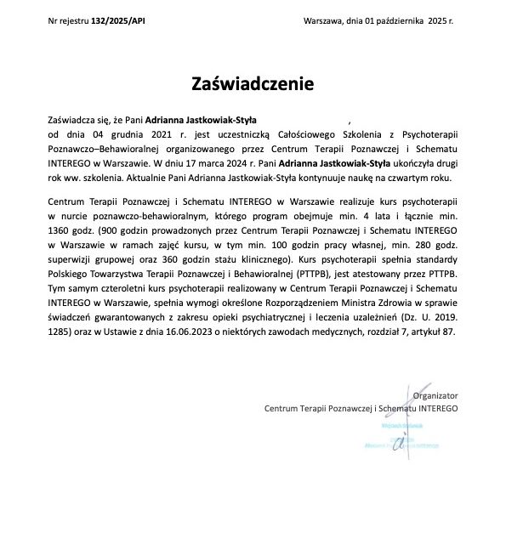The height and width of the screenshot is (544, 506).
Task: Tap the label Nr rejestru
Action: tap(69, 20)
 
